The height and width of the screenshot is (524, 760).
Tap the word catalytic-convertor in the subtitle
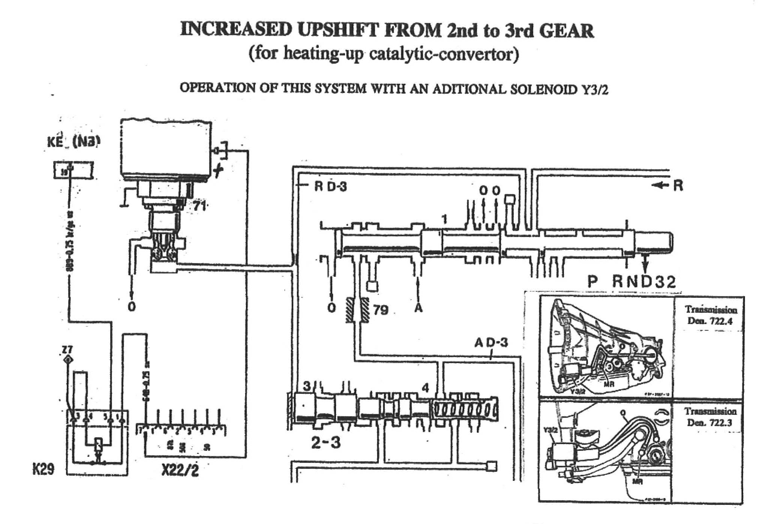pos(444,54)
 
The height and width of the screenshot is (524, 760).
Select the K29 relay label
pos(43,469)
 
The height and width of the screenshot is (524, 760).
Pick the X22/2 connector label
pos(180,470)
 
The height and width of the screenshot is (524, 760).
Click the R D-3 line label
pos(330,186)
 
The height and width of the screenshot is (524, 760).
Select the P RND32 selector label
pos(632,282)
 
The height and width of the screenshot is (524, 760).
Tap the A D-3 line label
pos(491,342)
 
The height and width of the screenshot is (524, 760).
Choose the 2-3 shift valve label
pos(326,443)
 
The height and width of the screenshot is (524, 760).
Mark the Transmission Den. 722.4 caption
pos(711,315)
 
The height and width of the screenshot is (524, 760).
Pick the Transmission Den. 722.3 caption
pos(710,417)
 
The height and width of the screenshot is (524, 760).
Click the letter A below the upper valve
pos(418,308)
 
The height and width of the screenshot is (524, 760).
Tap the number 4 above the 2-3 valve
pos(425,388)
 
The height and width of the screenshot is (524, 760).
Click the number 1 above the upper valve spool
pos(444,219)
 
